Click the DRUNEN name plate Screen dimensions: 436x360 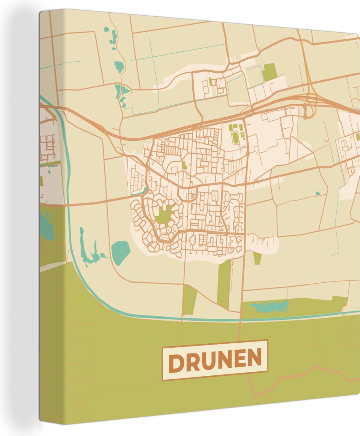(215, 360)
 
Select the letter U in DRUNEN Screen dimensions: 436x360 (210, 361)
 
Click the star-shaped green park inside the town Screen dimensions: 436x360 (165, 215)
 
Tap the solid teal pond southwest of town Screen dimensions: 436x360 (120, 252)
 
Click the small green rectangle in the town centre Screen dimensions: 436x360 (184, 165)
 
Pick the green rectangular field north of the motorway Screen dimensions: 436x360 (269, 72)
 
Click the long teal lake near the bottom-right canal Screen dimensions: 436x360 (269, 307)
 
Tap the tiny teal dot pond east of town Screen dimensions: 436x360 (317, 193)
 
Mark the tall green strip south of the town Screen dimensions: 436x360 (224, 284)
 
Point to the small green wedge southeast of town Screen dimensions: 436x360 (257, 258)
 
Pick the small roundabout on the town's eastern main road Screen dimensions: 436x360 (248, 154)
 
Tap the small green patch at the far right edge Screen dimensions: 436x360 (357, 137)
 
